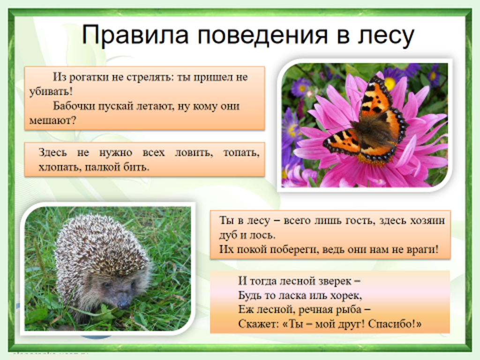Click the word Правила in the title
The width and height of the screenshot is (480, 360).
click(x=135, y=35)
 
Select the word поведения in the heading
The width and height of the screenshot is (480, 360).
click(x=262, y=36)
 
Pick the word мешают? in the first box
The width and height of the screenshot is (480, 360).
click(x=52, y=120)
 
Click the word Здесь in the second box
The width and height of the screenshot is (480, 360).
click(x=52, y=152)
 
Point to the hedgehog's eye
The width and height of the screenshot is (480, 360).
click(x=107, y=285)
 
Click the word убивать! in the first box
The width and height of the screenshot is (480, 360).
click(x=51, y=91)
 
